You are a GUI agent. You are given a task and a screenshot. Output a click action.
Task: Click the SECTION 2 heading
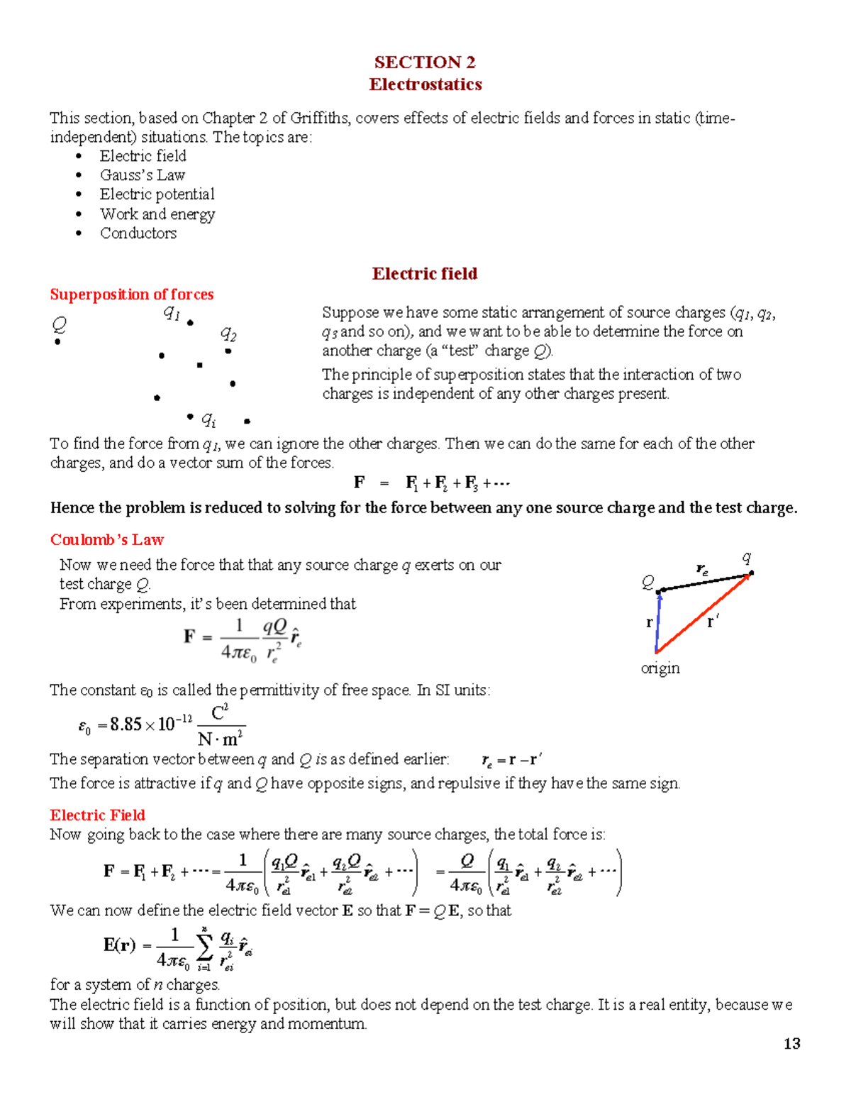425,62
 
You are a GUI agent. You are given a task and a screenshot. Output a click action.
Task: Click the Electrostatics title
425,84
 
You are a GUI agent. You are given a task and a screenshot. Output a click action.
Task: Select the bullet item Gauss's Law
142,175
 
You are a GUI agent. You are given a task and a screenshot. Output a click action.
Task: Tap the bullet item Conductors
138,233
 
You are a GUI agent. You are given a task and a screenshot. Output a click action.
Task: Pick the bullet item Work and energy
157,214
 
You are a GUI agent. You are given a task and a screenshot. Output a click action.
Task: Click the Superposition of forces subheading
131,294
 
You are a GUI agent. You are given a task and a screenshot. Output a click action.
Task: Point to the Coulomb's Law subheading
106,540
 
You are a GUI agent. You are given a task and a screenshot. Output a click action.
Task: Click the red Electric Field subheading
97,815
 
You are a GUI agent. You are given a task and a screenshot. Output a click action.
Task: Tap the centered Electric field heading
424,274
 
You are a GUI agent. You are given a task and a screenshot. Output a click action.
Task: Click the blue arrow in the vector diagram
658,622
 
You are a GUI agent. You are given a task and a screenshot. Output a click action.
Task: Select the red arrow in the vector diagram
702,614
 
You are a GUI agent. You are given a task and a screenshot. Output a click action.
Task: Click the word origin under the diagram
660,668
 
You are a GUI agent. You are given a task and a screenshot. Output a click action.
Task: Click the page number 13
791,1043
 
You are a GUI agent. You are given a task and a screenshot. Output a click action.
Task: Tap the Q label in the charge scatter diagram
59,325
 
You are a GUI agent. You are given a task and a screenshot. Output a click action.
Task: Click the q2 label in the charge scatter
228,334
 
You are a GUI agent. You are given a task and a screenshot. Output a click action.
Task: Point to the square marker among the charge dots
200,365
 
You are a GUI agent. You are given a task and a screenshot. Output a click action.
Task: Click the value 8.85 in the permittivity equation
126,724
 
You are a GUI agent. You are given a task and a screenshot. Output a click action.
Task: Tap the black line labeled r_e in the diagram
703,583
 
